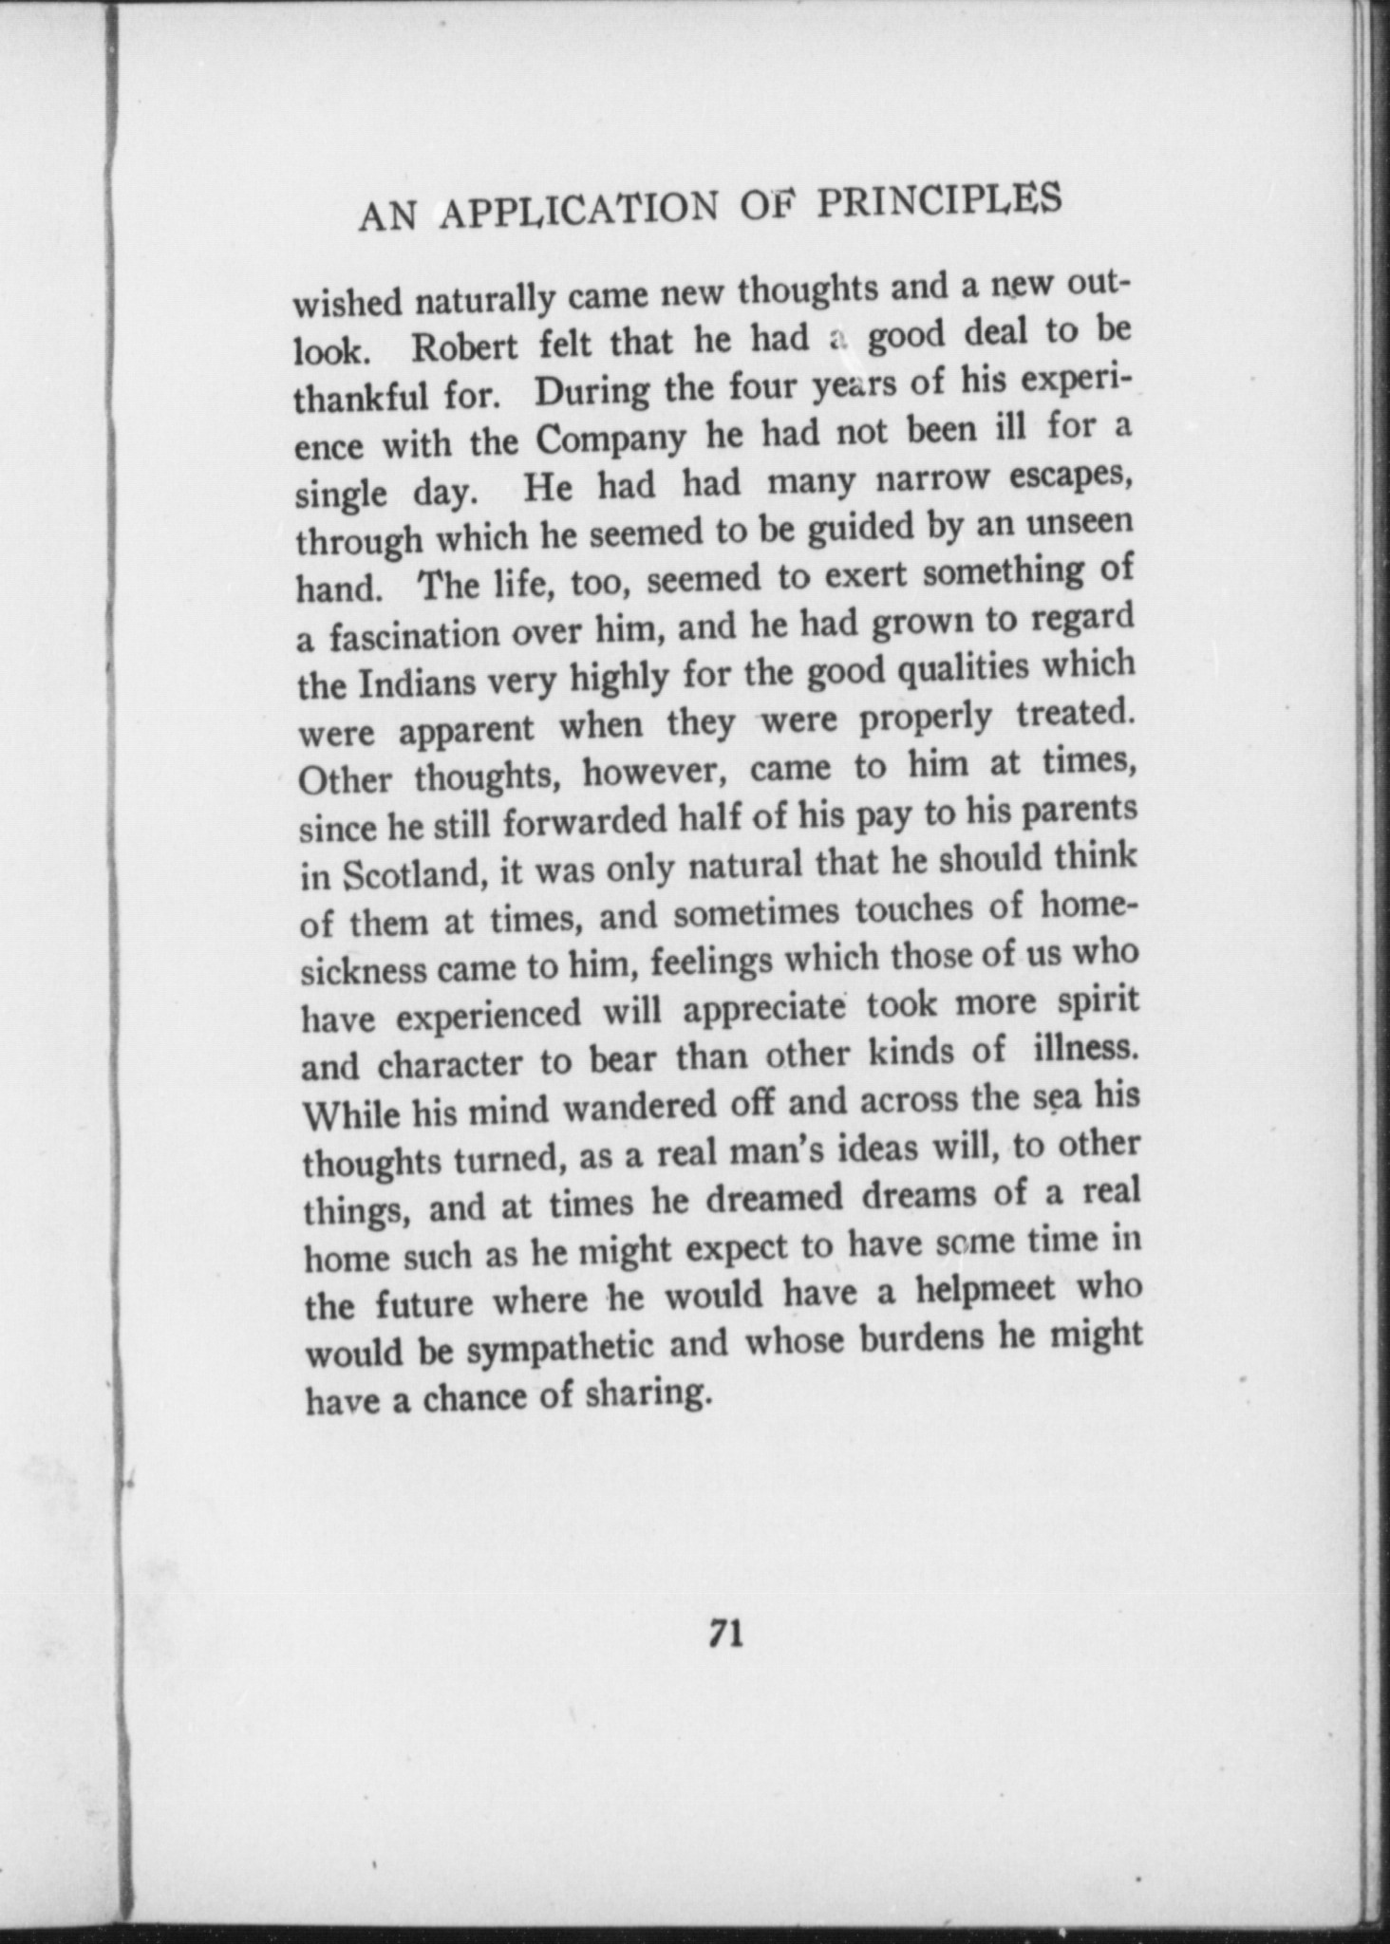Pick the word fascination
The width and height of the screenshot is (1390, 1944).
[415, 636]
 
